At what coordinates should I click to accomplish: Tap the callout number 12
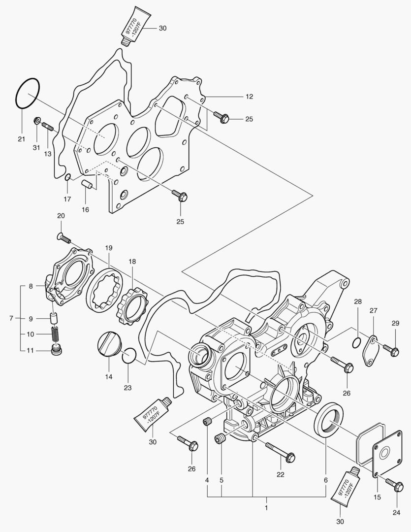pyautogui.click(x=249, y=97)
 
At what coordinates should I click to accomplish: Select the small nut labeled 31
pyautogui.click(x=36, y=120)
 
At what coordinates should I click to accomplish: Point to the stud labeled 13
pyautogui.click(x=48, y=127)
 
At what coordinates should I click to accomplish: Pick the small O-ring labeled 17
pyautogui.click(x=67, y=177)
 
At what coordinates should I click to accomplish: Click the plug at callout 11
pyautogui.click(x=57, y=350)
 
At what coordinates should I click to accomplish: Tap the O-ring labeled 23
pyautogui.click(x=128, y=356)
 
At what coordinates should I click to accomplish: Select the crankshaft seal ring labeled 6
pyautogui.click(x=330, y=419)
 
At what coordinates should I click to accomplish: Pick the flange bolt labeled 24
pyautogui.click(x=394, y=485)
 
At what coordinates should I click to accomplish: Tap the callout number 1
pyautogui.click(x=266, y=507)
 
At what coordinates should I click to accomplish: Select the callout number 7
pyautogui.click(x=11, y=318)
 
